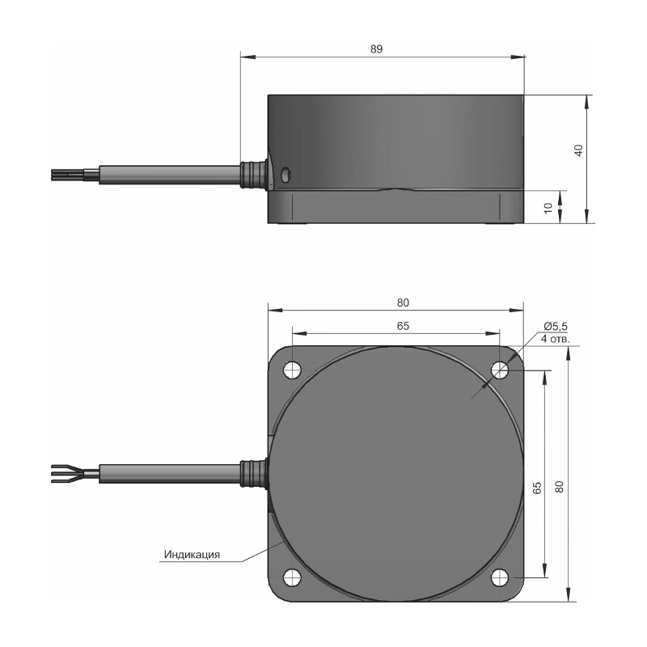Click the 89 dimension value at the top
click(376, 49)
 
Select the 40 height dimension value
click(578, 150)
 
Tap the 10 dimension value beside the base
click(548, 208)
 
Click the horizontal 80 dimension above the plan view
click(403, 302)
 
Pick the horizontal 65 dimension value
click(403, 326)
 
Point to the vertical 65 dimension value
click(537, 488)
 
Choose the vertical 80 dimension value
click(559, 487)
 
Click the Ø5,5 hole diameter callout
click(556, 327)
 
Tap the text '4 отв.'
click(556, 339)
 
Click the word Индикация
click(192, 554)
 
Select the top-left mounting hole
click(292, 370)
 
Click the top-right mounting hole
click(500, 370)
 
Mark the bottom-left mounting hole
click(292, 577)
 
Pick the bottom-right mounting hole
click(500, 577)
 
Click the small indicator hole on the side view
click(285, 174)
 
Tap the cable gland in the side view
click(252, 175)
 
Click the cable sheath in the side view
click(170, 175)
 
